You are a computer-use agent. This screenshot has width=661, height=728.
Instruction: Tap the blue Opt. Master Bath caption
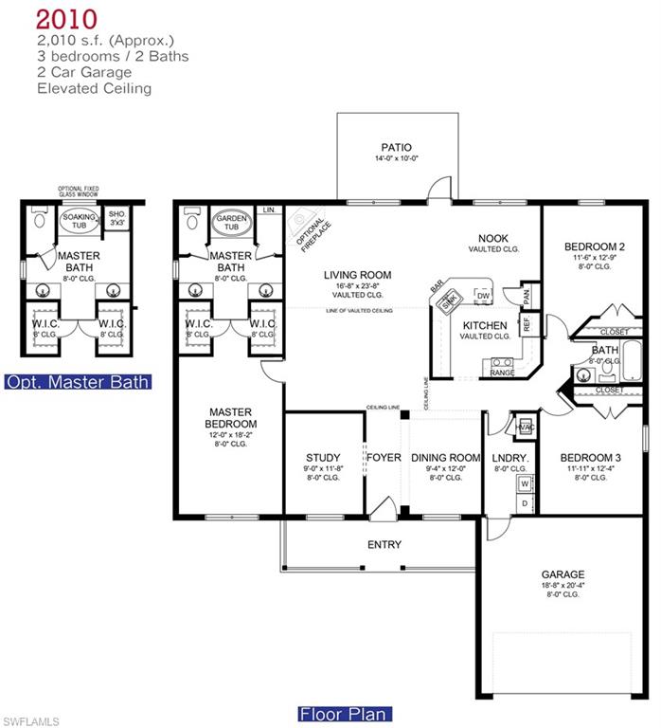pos(78,383)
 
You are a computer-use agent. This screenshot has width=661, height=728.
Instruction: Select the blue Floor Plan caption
pos(345,714)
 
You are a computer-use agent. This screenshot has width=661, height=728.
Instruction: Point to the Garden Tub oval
pos(231,224)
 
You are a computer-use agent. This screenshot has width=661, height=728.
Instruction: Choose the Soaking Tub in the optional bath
pos(79,223)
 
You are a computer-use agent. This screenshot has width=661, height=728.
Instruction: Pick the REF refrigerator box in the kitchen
pos(527,323)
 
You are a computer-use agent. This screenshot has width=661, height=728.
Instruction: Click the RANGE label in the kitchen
pos(502,373)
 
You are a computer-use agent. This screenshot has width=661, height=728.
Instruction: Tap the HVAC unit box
pos(525,427)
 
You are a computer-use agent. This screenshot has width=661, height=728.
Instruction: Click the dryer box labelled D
pos(524,503)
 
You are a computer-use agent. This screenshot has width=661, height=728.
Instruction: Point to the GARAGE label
pos(563,574)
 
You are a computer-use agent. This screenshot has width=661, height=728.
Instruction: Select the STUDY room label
pos(323,458)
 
